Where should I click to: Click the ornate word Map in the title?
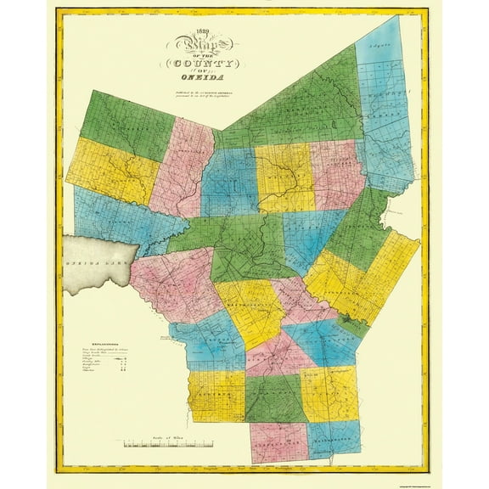196,46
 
